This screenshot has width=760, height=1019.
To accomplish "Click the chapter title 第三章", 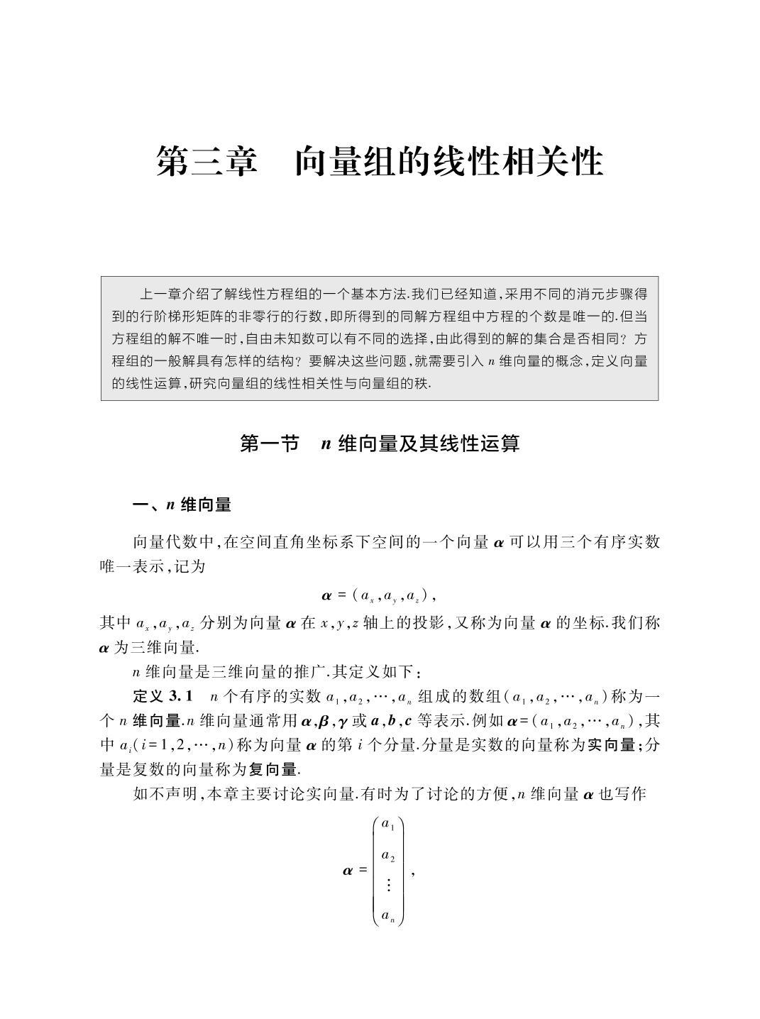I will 206,162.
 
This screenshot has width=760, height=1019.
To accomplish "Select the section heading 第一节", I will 269,444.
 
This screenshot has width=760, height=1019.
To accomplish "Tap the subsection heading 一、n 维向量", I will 182,505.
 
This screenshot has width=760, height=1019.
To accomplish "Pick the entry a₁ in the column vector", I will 388,824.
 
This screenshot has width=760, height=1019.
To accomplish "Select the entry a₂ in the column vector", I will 388,856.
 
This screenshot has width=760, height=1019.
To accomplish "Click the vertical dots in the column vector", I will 388,885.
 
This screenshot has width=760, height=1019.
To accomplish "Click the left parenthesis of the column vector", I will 375,871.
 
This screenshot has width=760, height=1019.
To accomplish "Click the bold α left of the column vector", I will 348,870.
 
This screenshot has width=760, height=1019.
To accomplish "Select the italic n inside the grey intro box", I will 491,362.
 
